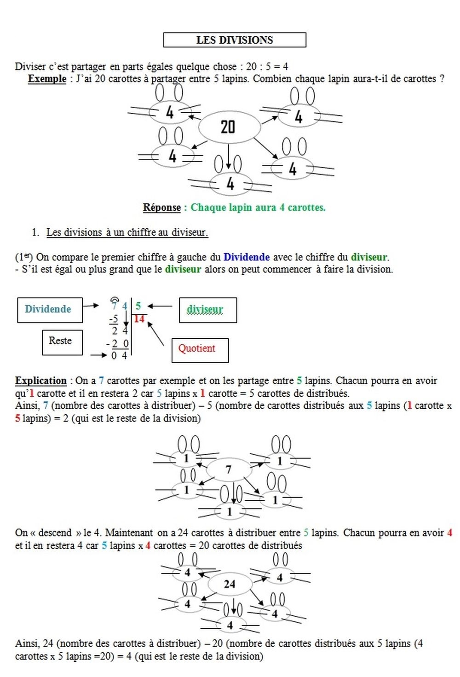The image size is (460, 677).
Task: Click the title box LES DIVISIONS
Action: (x=235, y=40)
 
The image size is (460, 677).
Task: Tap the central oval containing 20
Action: (x=228, y=127)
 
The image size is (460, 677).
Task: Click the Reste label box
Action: (x=62, y=342)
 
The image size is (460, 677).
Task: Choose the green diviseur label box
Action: (x=207, y=310)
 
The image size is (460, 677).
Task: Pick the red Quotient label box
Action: (x=200, y=349)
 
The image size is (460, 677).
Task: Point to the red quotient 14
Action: (x=139, y=318)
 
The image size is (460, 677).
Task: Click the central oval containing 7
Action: (x=229, y=469)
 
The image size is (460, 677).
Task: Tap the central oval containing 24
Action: (x=230, y=584)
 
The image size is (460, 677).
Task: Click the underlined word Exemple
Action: (x=47, y=79)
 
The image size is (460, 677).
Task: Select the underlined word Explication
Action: (x=41, y=381)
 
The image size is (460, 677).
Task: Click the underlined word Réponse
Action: (x=161, y=208)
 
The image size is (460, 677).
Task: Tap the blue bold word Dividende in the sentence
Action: (x=247, y=257)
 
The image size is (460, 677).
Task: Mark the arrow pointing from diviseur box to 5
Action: (x=159, y=306)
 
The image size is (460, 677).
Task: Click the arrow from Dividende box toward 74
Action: (x=91, y=305)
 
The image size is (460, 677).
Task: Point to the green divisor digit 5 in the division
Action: (x=138, y=306)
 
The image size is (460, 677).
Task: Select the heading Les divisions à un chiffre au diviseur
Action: (x=127, y=232)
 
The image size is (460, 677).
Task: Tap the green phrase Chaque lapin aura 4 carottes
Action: (x=258, y=208)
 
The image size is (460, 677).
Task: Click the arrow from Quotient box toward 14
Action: (x=155, y=333)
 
